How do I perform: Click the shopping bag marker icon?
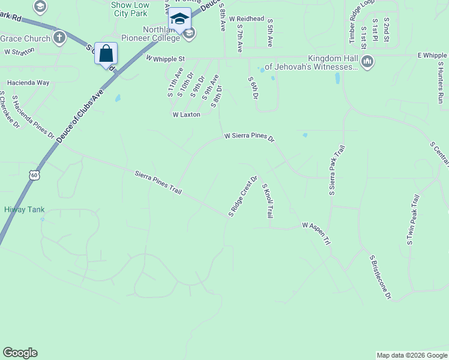pos(106,54)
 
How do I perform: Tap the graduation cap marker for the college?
pos(179,19)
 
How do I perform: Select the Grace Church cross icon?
pos(59,38)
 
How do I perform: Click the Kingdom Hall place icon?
pos(367,61)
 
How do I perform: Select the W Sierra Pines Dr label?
pos(249,137)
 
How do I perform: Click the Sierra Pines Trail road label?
pos(159,182)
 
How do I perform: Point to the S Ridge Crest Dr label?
pos(243,196)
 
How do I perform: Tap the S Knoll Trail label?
pos(268,201)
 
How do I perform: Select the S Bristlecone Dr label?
pos(381,277)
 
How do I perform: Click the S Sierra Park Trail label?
pos(336,172)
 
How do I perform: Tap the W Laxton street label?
pos(186,114)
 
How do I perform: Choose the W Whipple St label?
pos(165,58)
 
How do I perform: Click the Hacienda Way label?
pos(28,82)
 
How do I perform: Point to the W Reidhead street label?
pos(246,19)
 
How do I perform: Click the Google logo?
pos(20,353)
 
